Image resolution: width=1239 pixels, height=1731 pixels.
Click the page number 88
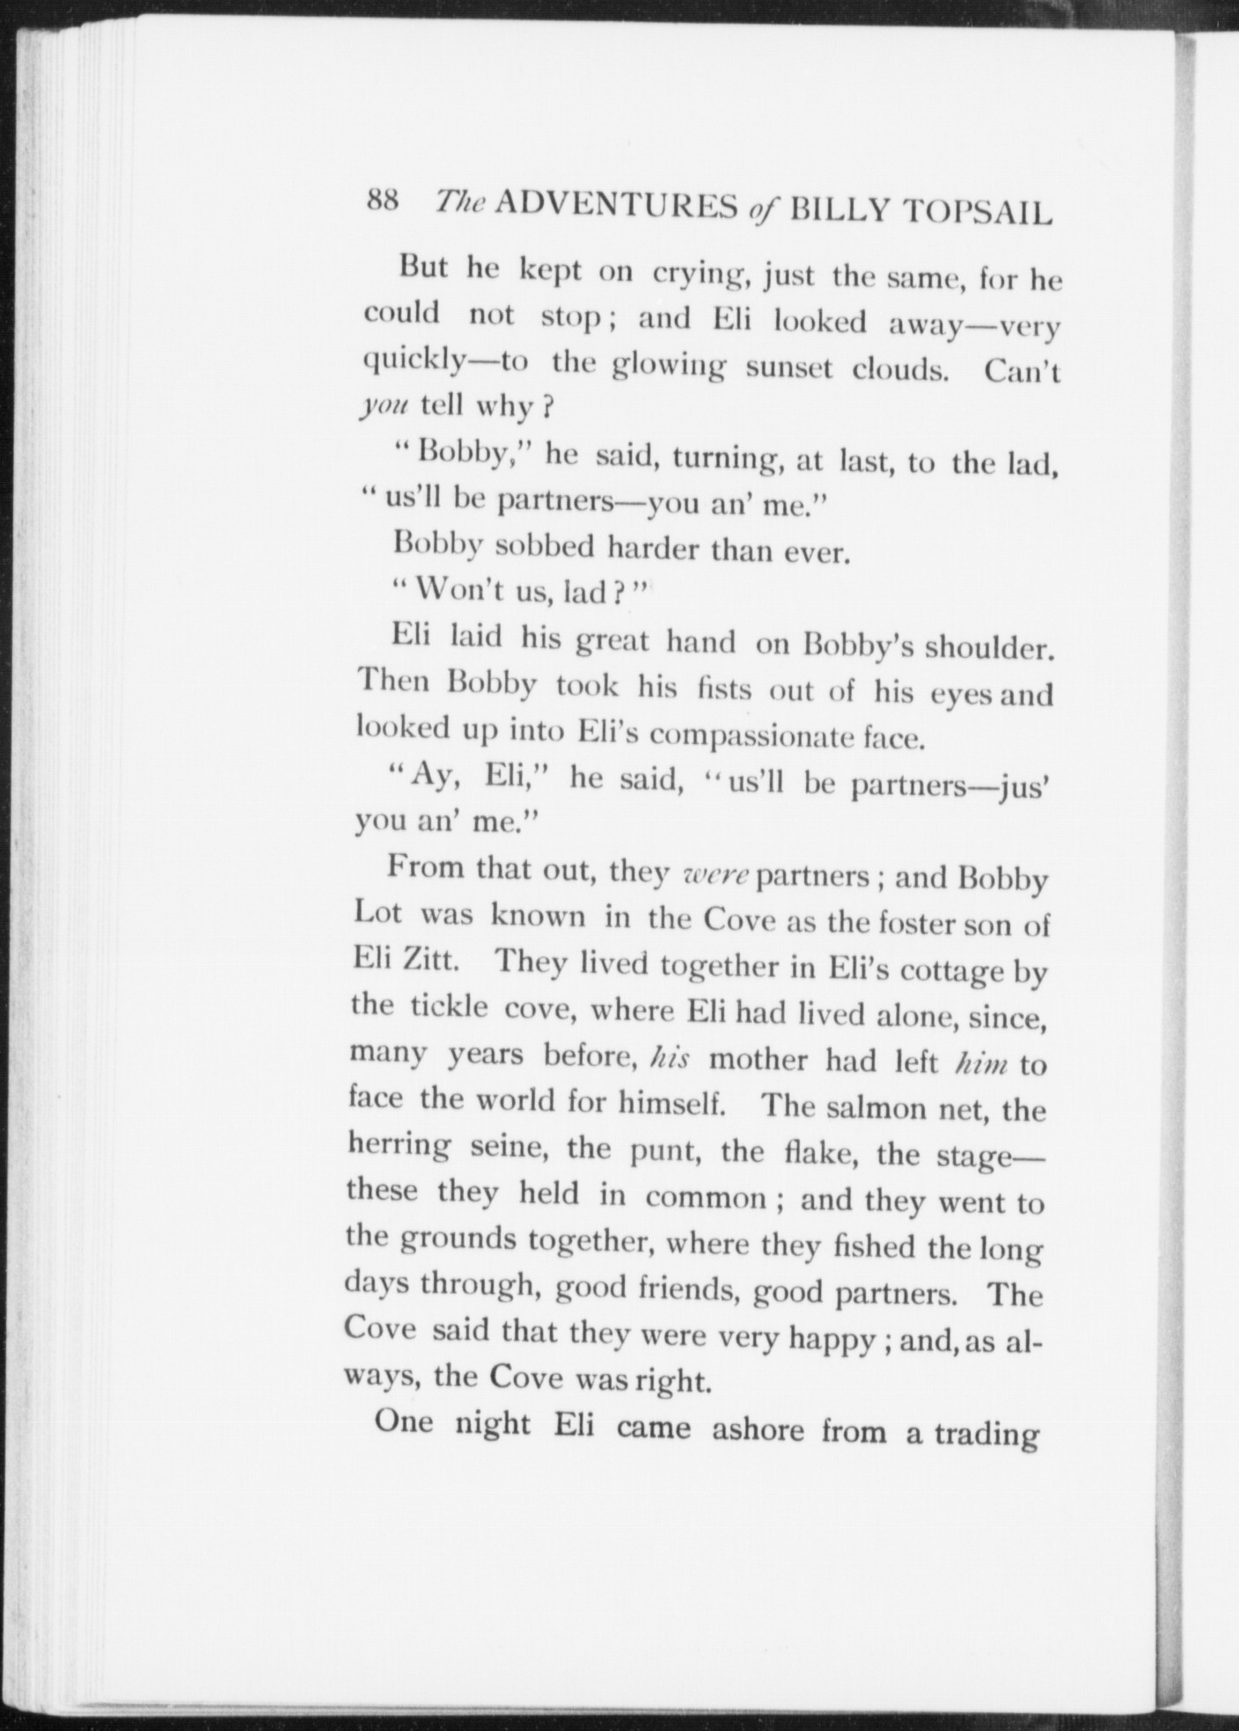[x=384, y=201]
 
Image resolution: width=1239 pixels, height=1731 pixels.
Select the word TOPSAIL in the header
[x=979, y=214]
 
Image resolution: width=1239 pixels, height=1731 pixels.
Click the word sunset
[x=788, y=368]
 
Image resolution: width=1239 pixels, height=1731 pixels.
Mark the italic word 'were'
[x=715, y=875]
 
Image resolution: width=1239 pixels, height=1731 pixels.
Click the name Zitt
[x=428, y=960]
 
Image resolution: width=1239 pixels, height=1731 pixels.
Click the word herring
[x=398, y=1145]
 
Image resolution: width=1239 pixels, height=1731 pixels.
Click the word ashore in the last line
[x=757, y=1431]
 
